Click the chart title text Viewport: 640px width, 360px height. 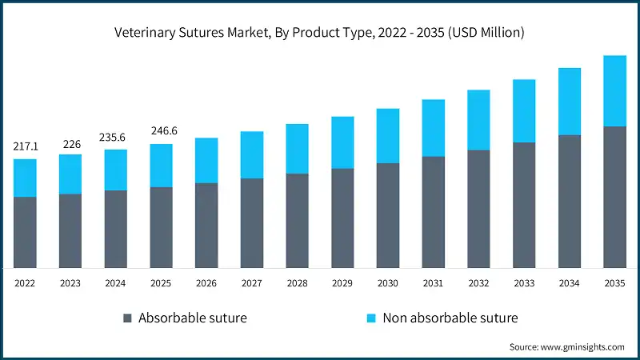320,33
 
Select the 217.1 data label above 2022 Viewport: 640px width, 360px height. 25,147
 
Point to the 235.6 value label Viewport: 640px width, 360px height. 115,137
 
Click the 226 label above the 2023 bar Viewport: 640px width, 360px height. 70,144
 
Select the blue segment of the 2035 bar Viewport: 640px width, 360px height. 614,91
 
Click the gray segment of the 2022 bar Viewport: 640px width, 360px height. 25,232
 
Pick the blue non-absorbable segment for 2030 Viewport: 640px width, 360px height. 388,136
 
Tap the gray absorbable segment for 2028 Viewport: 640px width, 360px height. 297,220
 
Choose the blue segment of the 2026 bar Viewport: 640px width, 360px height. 206,161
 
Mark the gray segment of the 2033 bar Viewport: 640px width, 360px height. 524,205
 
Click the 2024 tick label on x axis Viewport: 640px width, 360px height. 115,282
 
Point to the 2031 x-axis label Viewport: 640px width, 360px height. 433,282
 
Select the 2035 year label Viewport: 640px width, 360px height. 614,282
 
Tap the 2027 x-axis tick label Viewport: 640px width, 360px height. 252,282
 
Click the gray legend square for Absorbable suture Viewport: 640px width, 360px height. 127,318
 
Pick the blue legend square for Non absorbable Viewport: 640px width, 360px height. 371,318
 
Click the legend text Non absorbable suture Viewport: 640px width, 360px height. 450,318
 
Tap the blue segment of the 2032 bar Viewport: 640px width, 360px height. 478,120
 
